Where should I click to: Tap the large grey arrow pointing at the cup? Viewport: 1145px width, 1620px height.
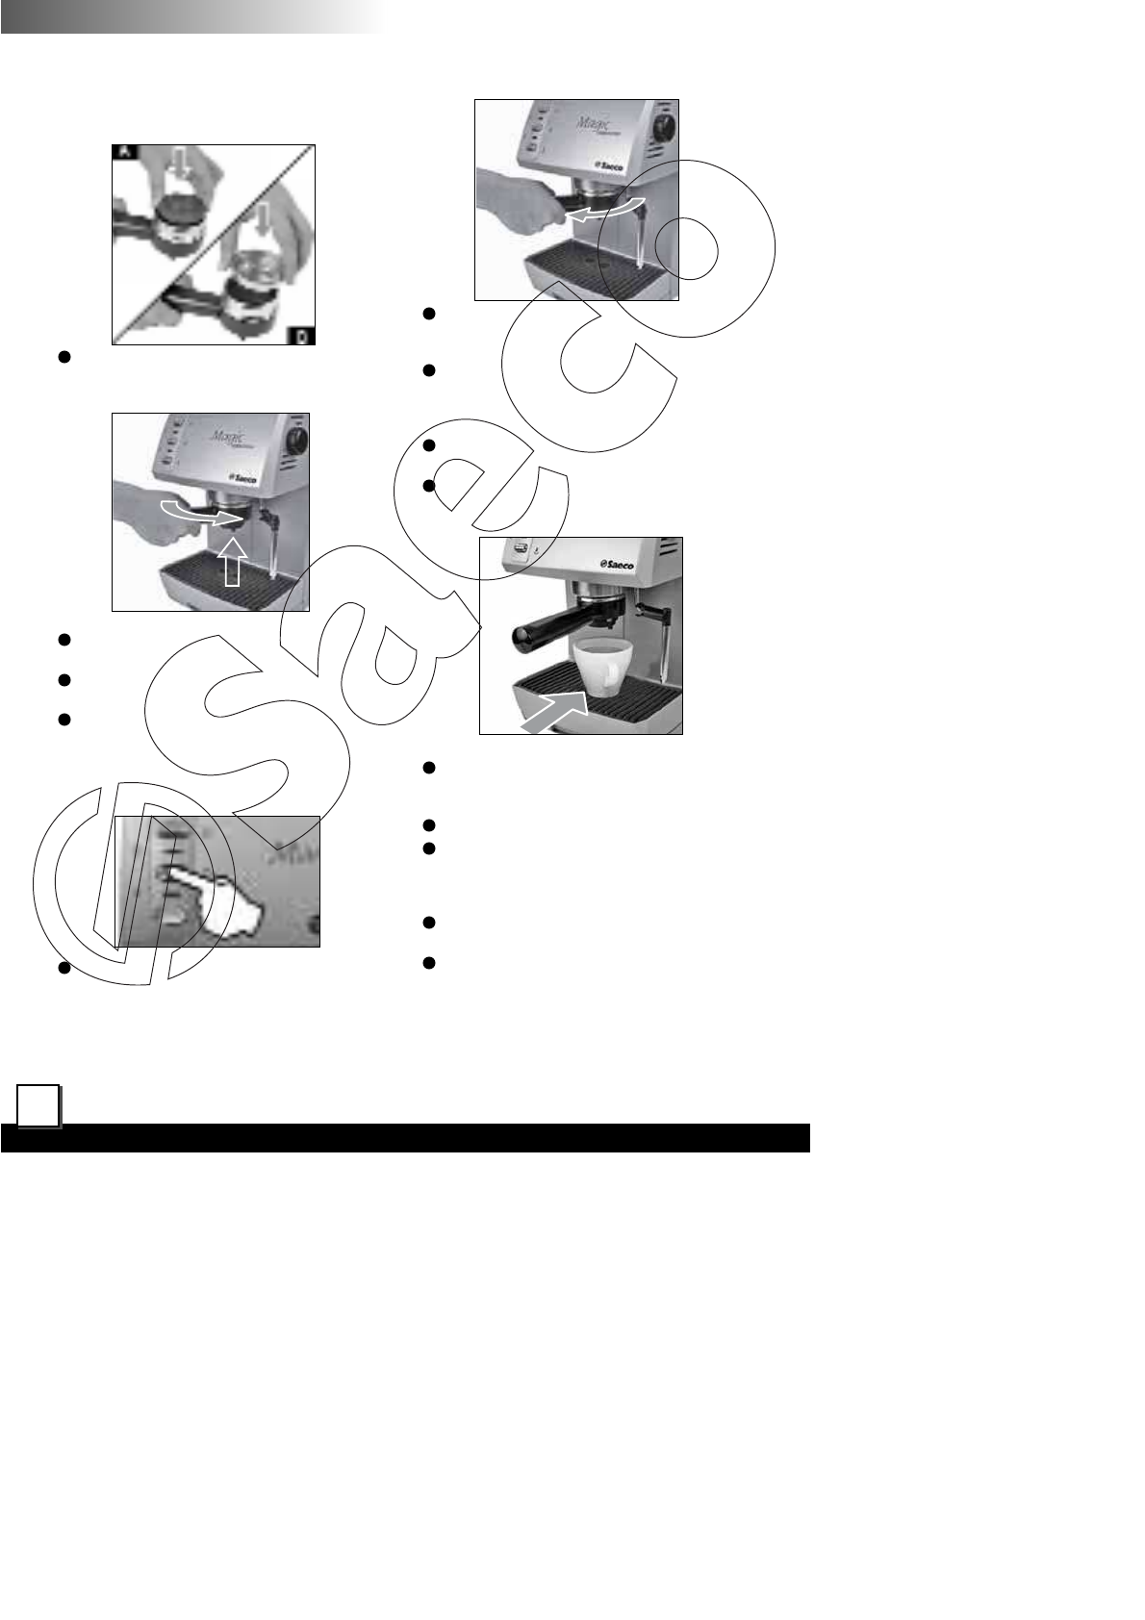click(x=556, y=709)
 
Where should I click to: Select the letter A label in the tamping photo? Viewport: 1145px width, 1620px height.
click(x=124, y=152)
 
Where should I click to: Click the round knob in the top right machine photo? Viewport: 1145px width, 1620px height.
click(x=661, y=128)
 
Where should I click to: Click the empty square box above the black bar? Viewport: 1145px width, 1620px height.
click(x=38, y=1106)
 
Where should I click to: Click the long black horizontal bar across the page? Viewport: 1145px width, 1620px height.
click(x=404, y=1137)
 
